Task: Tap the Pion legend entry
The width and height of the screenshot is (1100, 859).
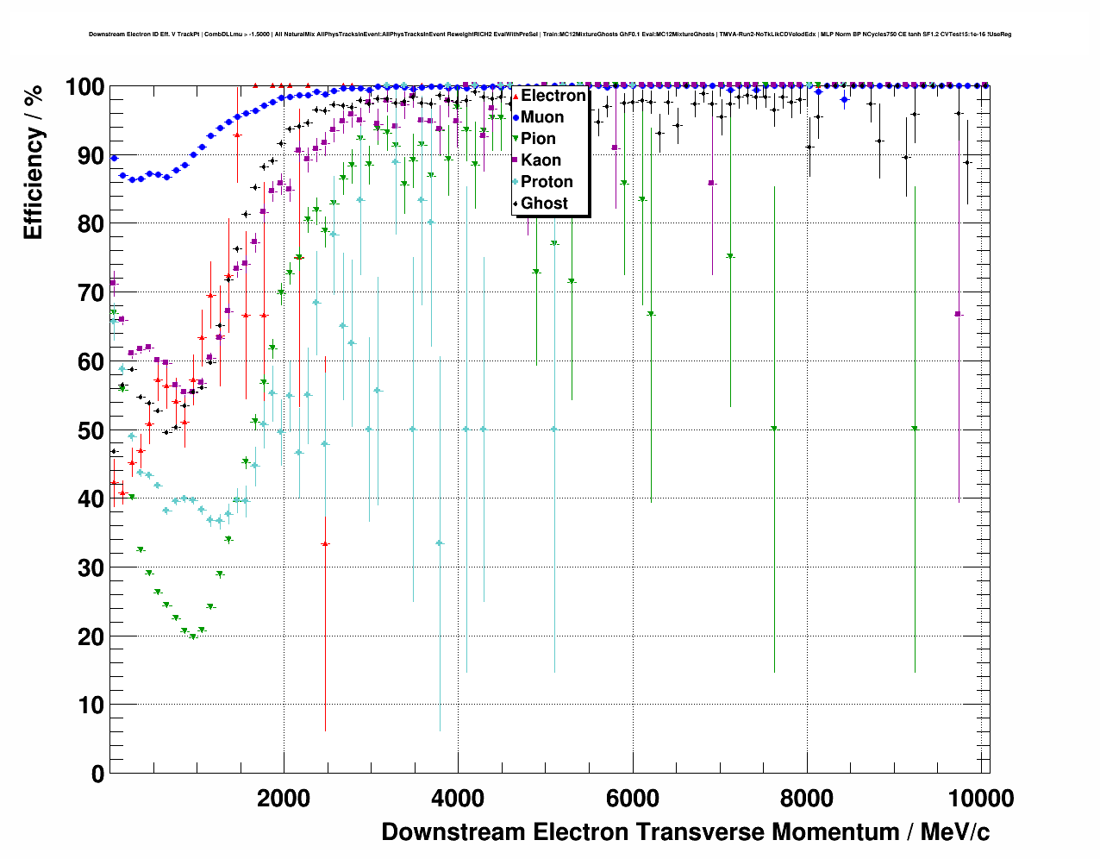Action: (x=538, y=139)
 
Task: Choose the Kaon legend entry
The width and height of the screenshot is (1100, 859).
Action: (x=541, y=160)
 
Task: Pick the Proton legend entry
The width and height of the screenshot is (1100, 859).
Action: (x=547, y=182)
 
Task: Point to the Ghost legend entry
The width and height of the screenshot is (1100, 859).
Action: (x=544, y=204)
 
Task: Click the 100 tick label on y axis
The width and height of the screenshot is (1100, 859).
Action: (x=85, y=87)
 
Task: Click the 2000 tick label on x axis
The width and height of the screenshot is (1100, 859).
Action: (x=284, y=799)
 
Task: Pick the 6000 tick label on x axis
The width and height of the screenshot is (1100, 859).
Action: (x=633, y=799)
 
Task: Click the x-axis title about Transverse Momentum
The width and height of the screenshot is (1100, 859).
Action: (x=685, y=832)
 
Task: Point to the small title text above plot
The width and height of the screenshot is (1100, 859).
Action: (x=550, y=34)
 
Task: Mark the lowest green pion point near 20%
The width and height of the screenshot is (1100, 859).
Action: (x=193, y=636)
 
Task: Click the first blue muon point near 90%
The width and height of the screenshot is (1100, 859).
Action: (x=114, y=158)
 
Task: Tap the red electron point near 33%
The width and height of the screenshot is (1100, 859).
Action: (x=325, y=544)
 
